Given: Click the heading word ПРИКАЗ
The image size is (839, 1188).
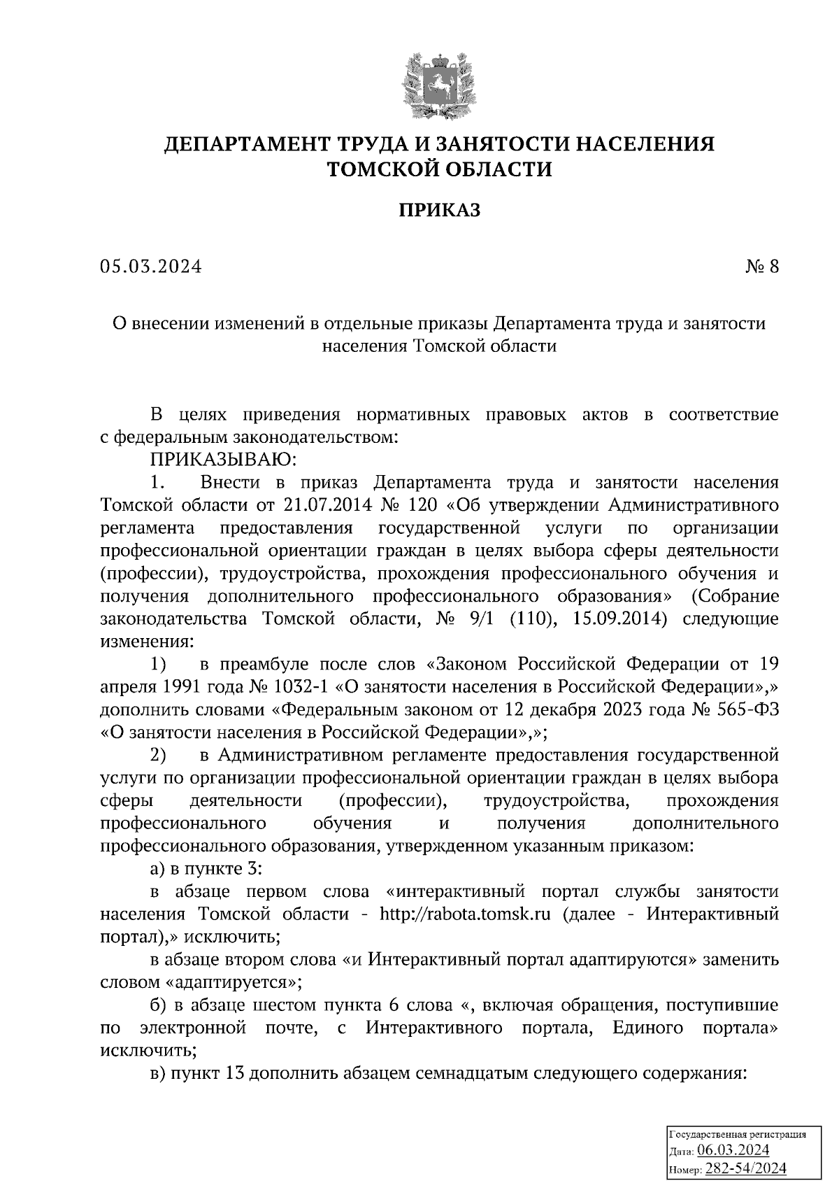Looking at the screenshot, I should click(x=439, y=210).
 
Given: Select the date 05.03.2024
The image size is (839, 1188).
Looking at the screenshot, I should click(x=150, y=267).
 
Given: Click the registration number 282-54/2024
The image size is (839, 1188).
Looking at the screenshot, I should click(x=746, y=1168).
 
